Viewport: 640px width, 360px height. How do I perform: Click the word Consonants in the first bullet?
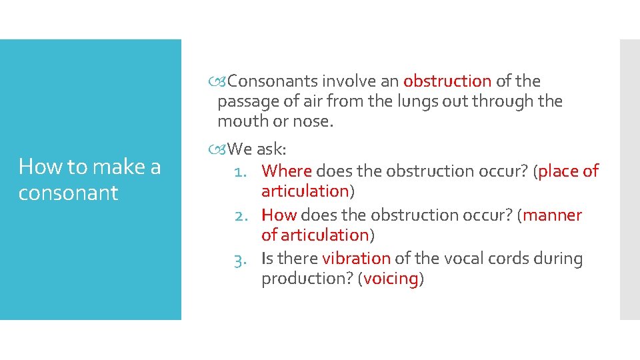coord(273,81)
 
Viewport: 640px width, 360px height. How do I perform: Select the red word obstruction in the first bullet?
coord(447,81)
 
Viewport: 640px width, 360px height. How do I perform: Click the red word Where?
coord(287,171)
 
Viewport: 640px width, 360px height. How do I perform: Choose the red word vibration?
coord(356,259)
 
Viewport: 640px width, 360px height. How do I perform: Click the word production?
coord(307,279)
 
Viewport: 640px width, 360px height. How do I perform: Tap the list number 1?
coord(241,172)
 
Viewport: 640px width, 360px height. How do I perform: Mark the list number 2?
coord(241,216)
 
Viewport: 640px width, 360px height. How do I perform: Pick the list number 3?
coord(241,259)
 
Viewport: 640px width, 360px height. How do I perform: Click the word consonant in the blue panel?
coord(68,193)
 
